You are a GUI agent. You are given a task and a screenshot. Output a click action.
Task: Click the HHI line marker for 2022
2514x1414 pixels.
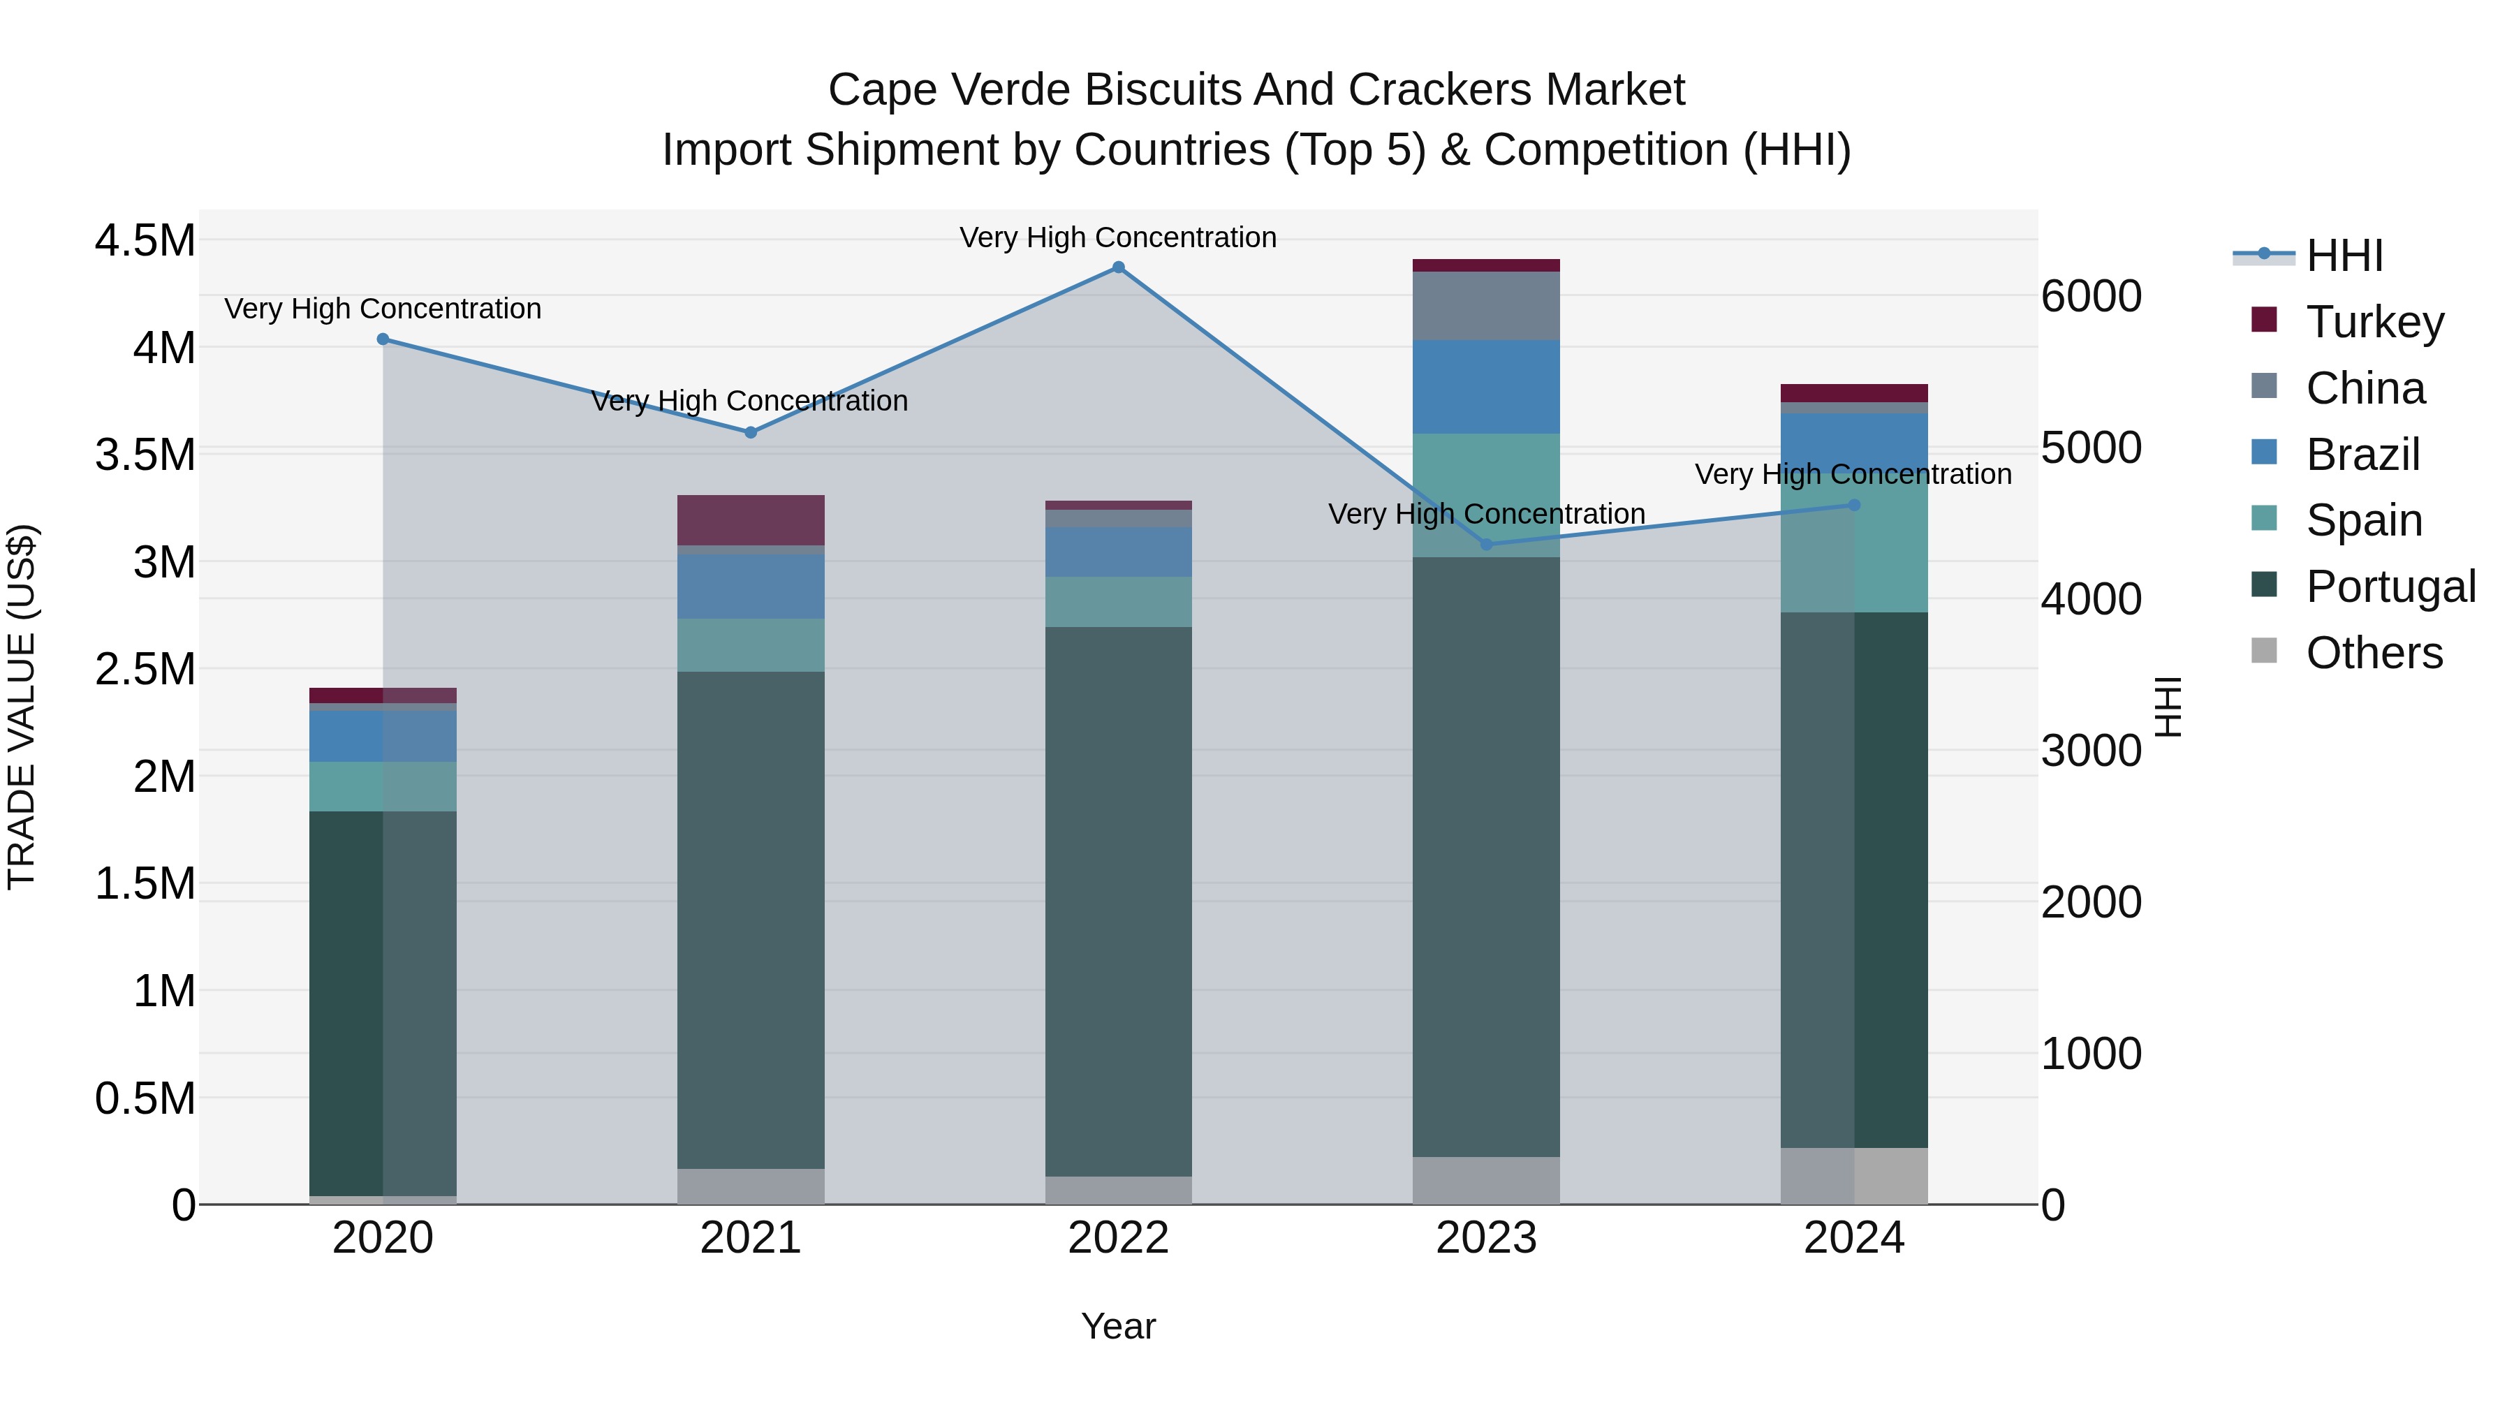[x=1119, y=267]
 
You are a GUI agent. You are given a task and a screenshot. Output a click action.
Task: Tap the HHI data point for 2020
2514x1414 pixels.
[x=383, y=339]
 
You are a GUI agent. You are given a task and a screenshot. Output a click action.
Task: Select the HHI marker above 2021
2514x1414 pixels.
[x=751, y=432]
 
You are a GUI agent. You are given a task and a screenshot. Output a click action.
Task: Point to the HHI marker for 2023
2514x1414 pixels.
[x=1486, y=545]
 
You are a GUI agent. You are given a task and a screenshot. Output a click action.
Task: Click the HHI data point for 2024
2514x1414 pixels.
[x=1854, y=506]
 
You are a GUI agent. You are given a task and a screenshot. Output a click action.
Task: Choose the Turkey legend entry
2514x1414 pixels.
[x=2374, y=322]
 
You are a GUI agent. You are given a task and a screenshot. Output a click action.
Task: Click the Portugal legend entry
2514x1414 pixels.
[x=2390, y=587]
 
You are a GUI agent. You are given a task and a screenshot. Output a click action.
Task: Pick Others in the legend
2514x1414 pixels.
[x=2374, y=653]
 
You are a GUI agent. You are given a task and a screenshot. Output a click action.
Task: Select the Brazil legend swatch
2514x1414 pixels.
[x=2264, y=452]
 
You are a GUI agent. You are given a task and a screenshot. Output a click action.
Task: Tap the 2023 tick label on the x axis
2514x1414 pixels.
[x=1486, y=1238]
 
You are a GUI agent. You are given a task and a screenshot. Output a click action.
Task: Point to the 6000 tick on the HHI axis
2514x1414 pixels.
[x=2092, y=297]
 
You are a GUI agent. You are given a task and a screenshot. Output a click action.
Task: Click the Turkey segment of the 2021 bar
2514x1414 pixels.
[x=751, y=520]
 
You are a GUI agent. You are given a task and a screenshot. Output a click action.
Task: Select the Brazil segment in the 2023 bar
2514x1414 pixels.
[x=1486, y=386]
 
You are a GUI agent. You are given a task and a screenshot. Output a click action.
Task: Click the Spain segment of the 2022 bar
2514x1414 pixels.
[x=1119, y=601]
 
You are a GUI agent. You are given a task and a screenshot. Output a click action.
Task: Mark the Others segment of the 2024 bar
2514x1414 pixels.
[x=1854, y=1176]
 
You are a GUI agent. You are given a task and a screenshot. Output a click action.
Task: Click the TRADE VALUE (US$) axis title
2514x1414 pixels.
[x=22, y=707]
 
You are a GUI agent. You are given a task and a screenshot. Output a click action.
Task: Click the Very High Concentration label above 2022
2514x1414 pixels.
[x=1119, y=237]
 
